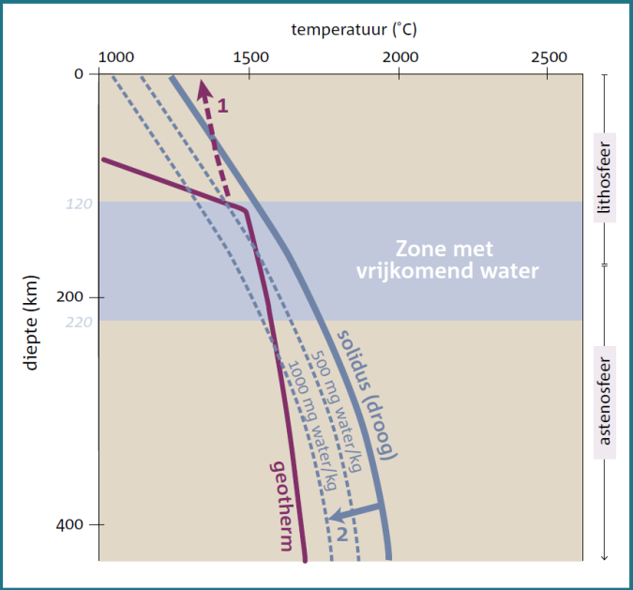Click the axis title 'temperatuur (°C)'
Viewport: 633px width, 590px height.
354,29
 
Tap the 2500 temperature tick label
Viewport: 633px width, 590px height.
549,56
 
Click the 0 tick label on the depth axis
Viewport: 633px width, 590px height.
79,74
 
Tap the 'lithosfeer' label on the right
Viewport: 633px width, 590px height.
605,178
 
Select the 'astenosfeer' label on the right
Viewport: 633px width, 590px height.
605,399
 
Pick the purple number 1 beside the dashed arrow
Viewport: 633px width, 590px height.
222,105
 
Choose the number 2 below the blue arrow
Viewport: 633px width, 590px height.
342,535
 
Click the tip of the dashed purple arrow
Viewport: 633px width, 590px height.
201,83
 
